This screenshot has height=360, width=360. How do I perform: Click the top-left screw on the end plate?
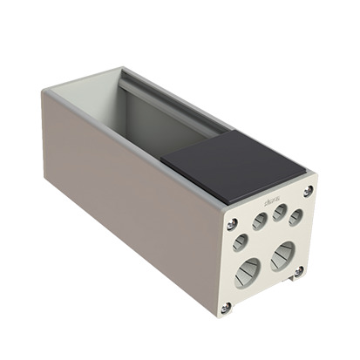click(230, 223)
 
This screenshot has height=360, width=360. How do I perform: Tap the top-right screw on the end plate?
click(308, 191)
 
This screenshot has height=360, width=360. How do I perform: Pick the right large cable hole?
click(281, 255)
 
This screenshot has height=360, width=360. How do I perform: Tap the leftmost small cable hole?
click(240, 241)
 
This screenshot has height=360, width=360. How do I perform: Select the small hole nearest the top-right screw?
click(296, 215)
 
